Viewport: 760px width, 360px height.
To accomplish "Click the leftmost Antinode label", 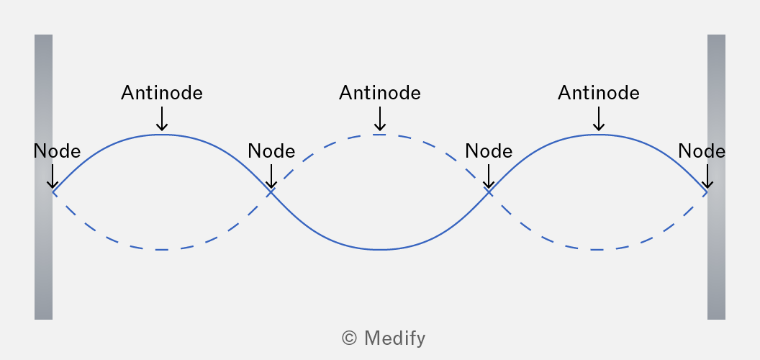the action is coord(162,93).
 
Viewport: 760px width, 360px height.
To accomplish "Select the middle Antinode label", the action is coord(380,93).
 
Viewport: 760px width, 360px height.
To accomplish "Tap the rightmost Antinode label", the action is coord(599,93).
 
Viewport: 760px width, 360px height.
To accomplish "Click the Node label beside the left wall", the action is coord(57,151).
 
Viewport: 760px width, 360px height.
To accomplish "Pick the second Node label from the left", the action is coord(271,151).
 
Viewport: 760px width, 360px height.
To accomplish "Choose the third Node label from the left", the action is coord(489,151).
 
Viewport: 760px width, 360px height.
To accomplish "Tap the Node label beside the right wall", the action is coord(702,151).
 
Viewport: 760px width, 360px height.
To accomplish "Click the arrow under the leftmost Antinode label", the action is coord(162,119).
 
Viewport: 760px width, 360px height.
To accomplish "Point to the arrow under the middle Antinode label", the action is coord(380,119).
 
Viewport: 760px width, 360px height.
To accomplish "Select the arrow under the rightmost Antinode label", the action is coord(599,119).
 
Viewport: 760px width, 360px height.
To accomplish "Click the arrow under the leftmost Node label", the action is coord(53,176).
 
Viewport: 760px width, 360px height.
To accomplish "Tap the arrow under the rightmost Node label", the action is coord(707,176).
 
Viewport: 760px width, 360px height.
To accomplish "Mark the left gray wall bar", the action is coord(43,177).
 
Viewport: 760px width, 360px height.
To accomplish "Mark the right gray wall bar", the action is coord(716,177).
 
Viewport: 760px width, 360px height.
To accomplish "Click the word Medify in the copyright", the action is coord(394,338).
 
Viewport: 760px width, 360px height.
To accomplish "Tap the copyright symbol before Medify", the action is coord(350,338).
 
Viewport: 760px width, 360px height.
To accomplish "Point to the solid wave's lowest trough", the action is coord(380,249).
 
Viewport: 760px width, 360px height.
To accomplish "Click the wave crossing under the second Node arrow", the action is coord(271,192).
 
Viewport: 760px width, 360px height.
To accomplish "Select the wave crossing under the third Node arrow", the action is coord(489,192).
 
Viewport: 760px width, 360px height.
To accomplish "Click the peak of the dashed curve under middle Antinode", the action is coord(380,135).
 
